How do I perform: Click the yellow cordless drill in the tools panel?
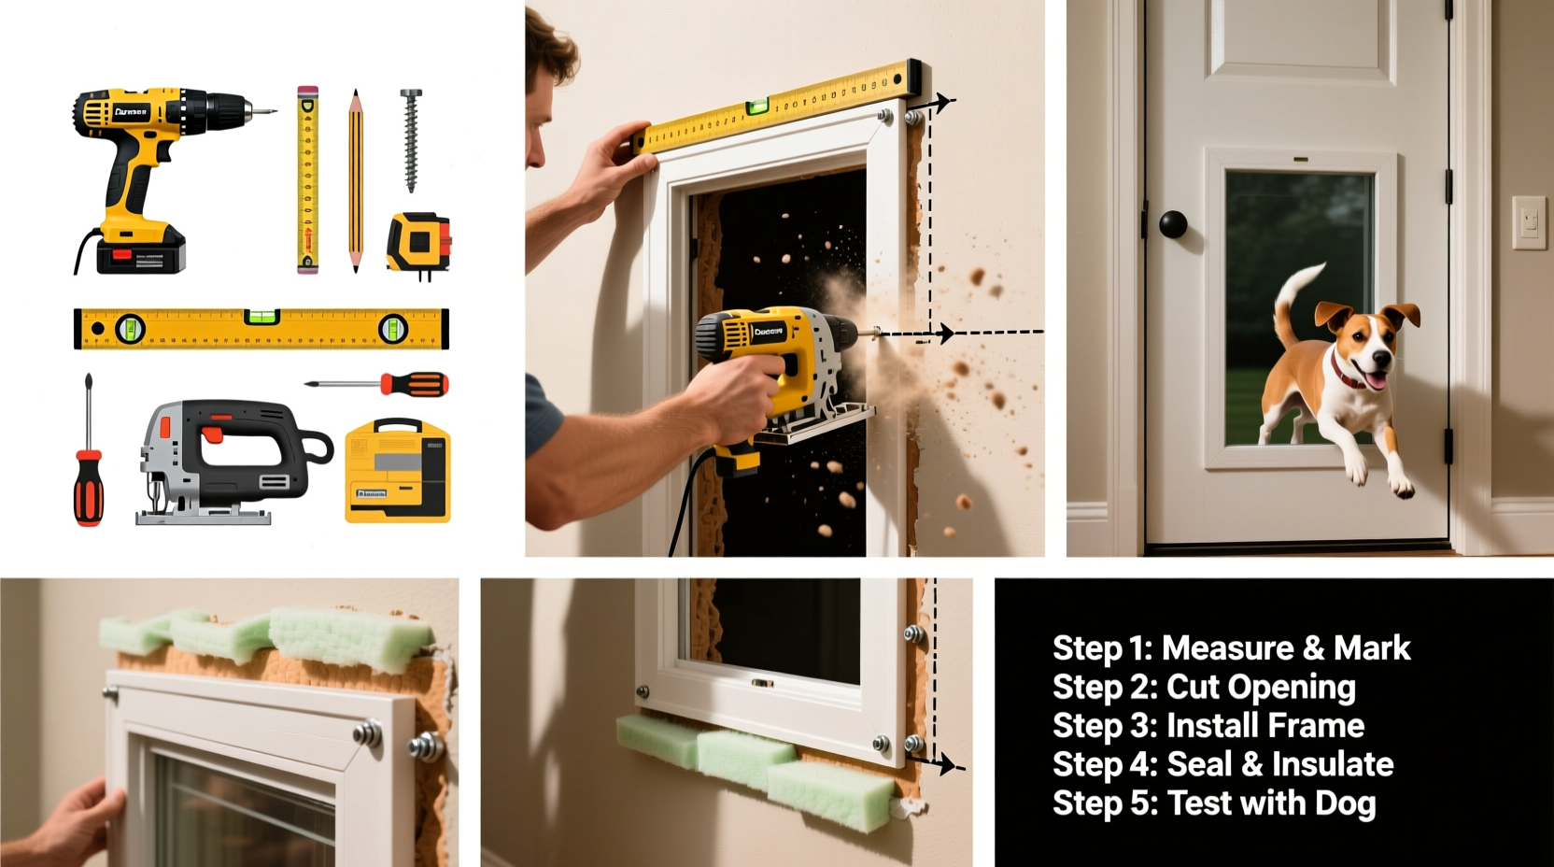pos(140,168)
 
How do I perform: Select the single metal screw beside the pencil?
pos(410,140)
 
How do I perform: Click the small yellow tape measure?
pos(418,242)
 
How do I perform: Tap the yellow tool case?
pos(398,471)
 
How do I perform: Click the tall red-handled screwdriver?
pos(89,458)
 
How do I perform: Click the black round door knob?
pos(1173,224)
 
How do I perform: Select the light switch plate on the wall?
pos(1529,222)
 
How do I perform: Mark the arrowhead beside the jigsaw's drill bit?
pos(945,333)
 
